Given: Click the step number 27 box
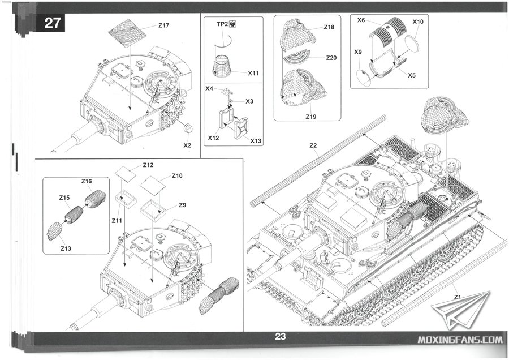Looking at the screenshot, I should pyautogui.click(x=51, y=23).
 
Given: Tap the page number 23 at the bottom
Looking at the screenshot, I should pyautogui.click(x=281, y=336).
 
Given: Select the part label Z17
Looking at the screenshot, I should pyautogui.click(x=164, y=26).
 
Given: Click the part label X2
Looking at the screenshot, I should pyautogui.click(x=188, y=145).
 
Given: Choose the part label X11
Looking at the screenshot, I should pyautogui.click(x=253, y=73).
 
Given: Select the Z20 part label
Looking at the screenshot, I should pyautogui.click(x=332, y=58).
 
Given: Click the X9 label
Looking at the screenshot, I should pyautogui.click(x=358, y=52).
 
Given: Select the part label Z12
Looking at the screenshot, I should pyautogui.click(x=148, y=165).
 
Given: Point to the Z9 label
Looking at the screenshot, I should pyautogui.click(x=183, y=205).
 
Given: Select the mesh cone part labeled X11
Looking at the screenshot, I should pyautogui.click(x=222, y=66).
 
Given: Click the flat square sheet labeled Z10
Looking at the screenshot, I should pyautogui.click(x=154, y=184).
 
